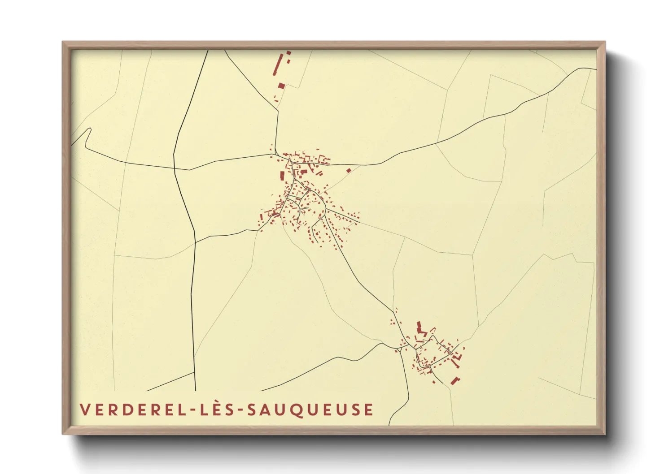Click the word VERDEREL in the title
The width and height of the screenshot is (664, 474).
click(133, 409)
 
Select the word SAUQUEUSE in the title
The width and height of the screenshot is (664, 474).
click(311, 409)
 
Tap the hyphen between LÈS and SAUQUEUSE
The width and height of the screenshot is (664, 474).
click(240, 410)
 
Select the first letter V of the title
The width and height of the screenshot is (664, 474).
click(84, 409)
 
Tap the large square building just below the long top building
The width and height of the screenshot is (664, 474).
click(281, 86)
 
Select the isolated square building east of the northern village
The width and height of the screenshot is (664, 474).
click(349, 170)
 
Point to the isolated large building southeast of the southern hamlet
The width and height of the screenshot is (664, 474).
click(455, 380)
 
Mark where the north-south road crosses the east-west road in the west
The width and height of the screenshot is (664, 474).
click(175, 169)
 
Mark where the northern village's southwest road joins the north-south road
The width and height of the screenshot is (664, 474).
click(196, 242)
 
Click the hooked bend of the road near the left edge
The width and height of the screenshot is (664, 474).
click(89, 130)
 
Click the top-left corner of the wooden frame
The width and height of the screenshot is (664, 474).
click(63, 43)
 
